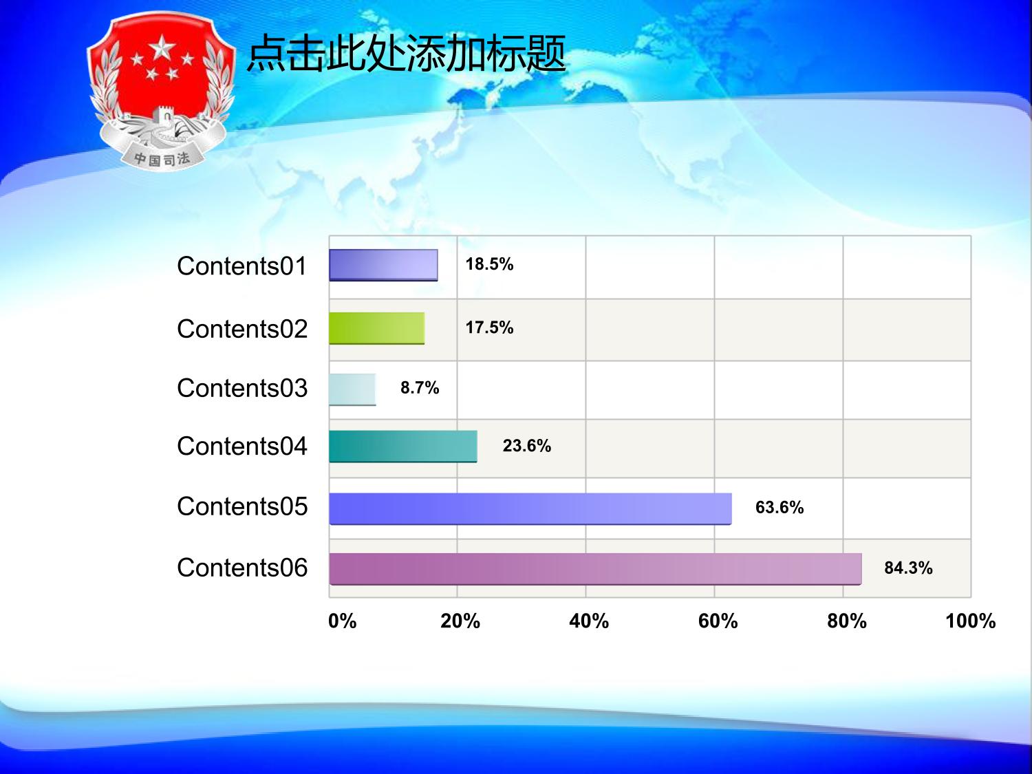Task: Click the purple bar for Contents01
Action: coord(383,265)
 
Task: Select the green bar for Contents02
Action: coord(376,328)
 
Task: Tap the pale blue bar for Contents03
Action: coord(352,389)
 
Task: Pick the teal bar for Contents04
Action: coord(403,447)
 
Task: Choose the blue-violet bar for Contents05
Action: coord(530,508)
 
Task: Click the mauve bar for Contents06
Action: coord(595,569)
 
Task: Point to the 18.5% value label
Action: coord(489,264)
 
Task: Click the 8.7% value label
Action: coord(420,388)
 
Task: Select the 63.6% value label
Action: coord(780,508)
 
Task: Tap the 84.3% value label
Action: coord(908,568)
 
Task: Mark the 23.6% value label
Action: coord(526,446)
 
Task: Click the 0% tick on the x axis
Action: coord(342,621)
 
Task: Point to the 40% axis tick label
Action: coord(589,621)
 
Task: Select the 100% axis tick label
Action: coord(970,621)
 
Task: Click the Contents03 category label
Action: coord(242,388)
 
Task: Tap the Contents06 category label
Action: coord(242,568)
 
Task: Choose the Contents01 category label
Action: coord(242,266)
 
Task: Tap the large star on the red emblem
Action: coord(162,47)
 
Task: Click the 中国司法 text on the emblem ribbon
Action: coord(162,159)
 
